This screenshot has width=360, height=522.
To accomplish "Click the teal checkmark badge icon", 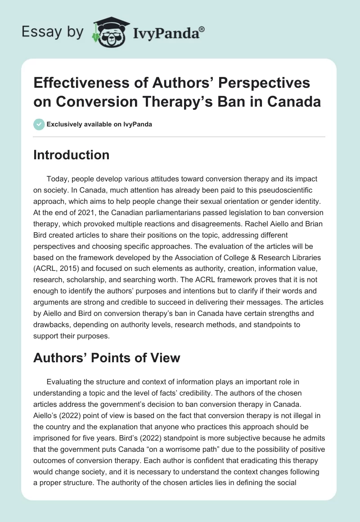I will [39, 124].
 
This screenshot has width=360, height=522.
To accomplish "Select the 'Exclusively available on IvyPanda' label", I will [99, 124].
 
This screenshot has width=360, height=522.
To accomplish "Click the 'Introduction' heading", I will [72, 155].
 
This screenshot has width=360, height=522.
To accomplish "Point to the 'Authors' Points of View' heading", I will [107, 358].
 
